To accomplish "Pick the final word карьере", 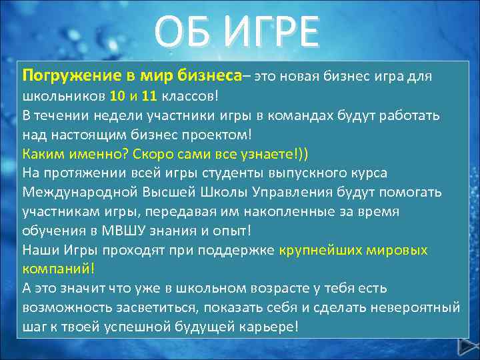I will pos(265,327).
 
